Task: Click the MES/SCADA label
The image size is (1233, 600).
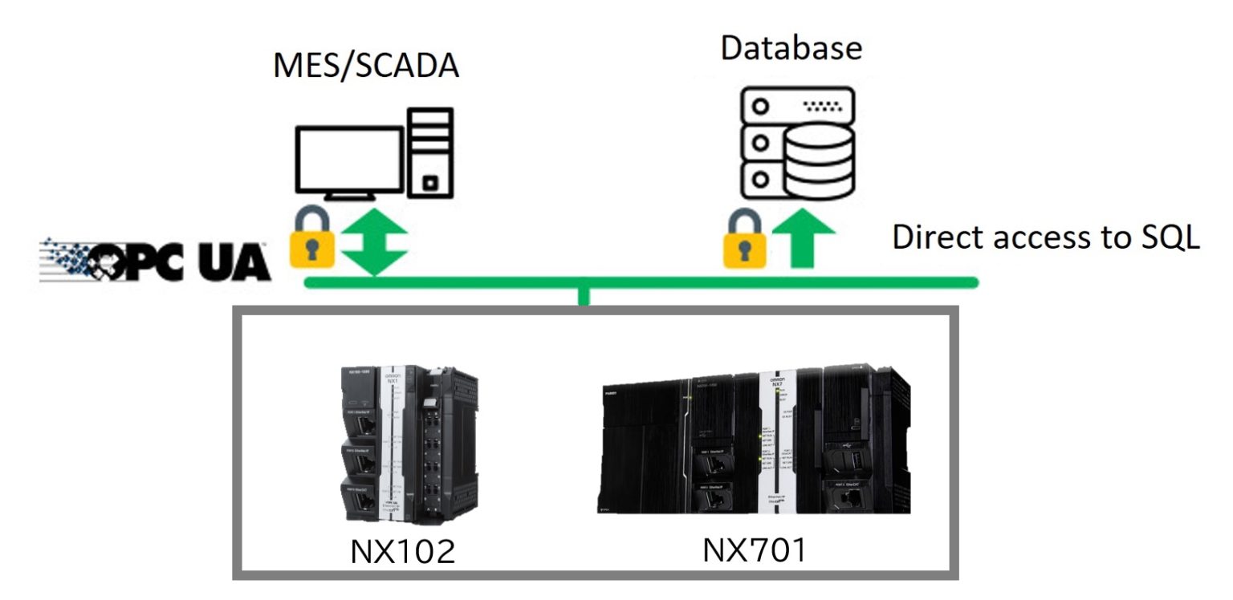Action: click(365, 66)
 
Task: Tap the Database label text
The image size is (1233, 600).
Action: click(791, 47)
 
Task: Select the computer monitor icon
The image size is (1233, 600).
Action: click(348, 164)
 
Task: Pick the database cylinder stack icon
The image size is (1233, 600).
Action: click(816, 163)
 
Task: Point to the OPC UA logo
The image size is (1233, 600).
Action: click(154, 260)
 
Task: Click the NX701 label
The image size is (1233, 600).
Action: click(754, 550)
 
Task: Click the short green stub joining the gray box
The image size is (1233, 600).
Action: click(584, 296)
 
